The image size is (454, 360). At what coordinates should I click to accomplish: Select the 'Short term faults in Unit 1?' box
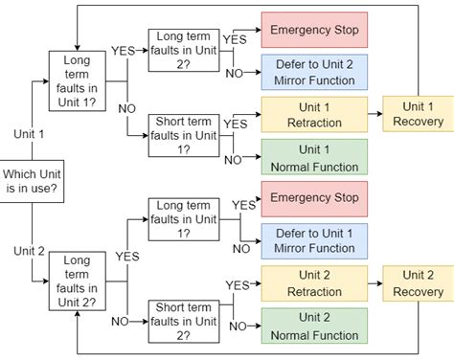click(x=184, y=135)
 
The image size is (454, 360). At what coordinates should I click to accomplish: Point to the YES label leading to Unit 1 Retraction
click(x=235, y=123)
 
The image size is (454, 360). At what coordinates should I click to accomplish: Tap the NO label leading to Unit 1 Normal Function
click(x=233, y=160)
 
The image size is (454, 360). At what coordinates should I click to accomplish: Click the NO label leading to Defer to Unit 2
click(x=233, y=74)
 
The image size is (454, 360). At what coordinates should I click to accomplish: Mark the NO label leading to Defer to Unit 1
click(x=240, y=249)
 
